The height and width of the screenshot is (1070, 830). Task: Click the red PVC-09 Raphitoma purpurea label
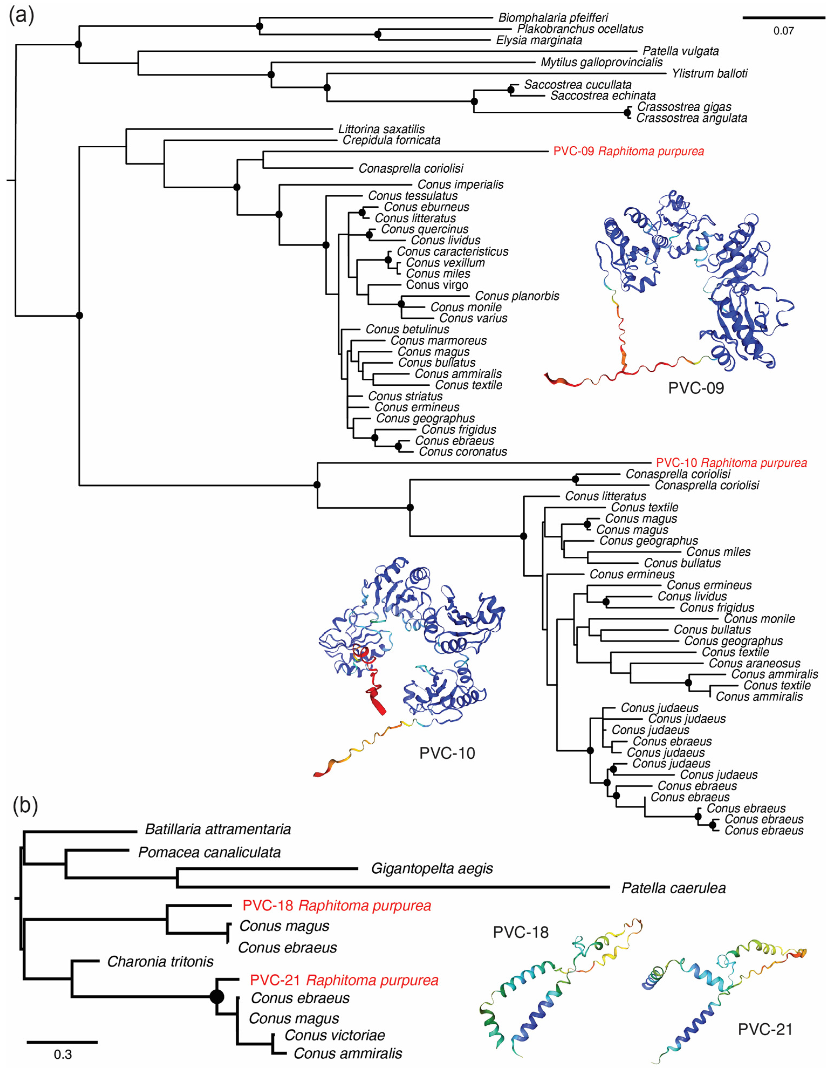pyautogui.click(x=628, y=151)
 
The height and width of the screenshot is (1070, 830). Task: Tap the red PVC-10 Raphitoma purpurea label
pyautogui.click(x=731, y=463)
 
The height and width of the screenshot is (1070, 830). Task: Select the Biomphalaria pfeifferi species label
pyautogui.click(x=553, y=18)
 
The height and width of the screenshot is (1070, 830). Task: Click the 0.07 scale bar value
pyautogui.click(x=783, y=31)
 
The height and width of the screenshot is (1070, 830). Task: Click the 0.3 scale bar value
pyautogui.click(x=62, y=1054)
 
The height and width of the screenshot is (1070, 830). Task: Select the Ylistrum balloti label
pyautogui.click(x=709, y=73)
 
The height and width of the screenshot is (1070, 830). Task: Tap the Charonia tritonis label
pyautogui.click(x=160, y=962)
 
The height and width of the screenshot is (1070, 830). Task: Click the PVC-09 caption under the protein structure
pyautogui.click(x=695, y=388)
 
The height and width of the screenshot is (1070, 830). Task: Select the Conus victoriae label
pyautogui.click(x=334, y=1035)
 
